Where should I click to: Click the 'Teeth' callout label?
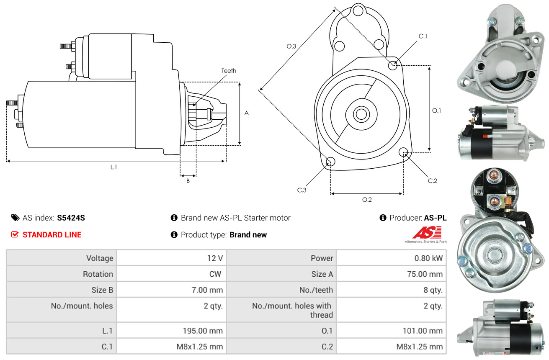pyautogui.click(x=229, y=71)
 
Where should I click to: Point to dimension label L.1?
pyautogui.click(x=113, y=167)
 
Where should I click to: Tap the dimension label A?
pyautogui.click(x=247, y=113)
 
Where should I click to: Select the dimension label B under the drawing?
pyautogui.click(x=188, y=181)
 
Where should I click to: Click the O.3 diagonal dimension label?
pyautogui.click(x=291, y=46)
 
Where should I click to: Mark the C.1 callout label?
pyautogui.click(x=423, y=36)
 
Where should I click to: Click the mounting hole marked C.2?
pyautogui.click(x=404, y=152)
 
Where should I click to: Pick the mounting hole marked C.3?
pyautogui.click(x=330, y=162)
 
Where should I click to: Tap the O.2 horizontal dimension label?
pyautogui.click(x=367, y=200)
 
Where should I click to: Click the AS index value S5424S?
pyautogui.click(x=71, y=218)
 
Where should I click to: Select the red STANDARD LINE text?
pyautogui.click(x=52, y=235)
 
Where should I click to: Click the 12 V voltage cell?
pyautogui.click(x=215, y=258)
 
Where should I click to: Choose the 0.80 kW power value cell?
pyautogui.click(x=428, y=258)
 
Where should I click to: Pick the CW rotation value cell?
pyautogui.click(x=217, y=274)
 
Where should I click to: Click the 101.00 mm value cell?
pyautogui.click(x=423, y=331)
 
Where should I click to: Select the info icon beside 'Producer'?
pyautogui.click(x=383, y=218)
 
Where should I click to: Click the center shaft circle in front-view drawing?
pyautogui.click(x=360, y=114)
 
